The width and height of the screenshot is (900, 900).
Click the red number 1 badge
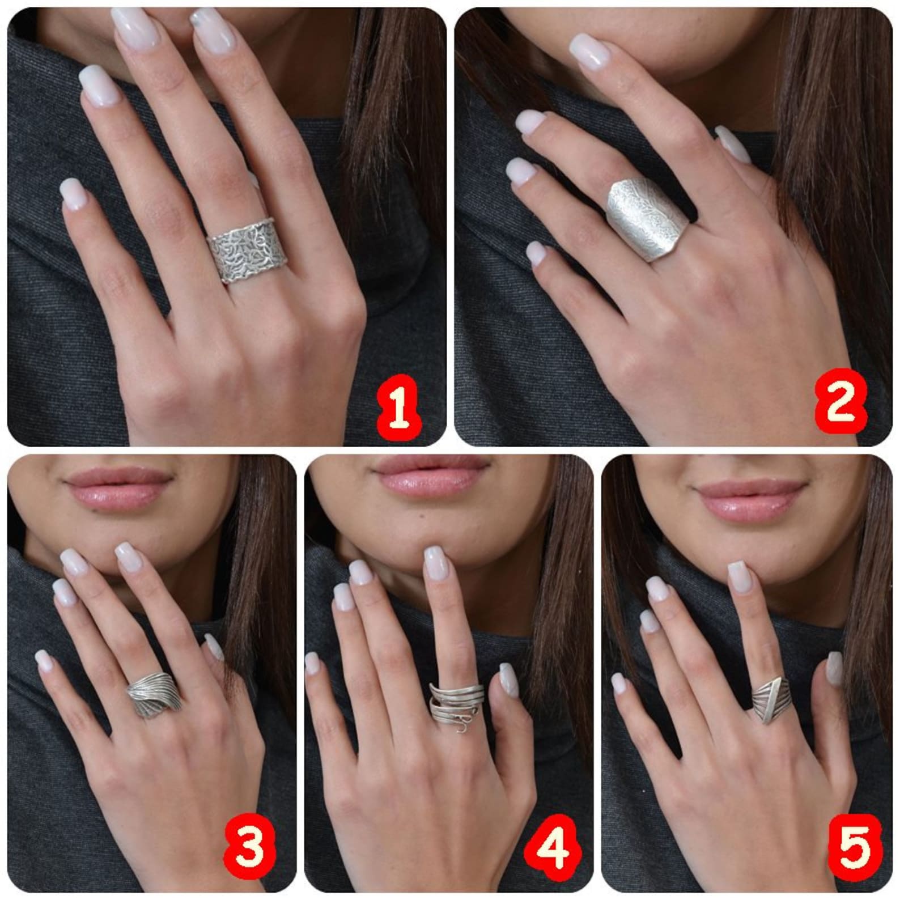(x=398, y=403)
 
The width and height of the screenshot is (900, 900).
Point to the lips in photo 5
(x=751, y=499)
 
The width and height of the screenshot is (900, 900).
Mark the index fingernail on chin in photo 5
(x=738, y=575)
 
